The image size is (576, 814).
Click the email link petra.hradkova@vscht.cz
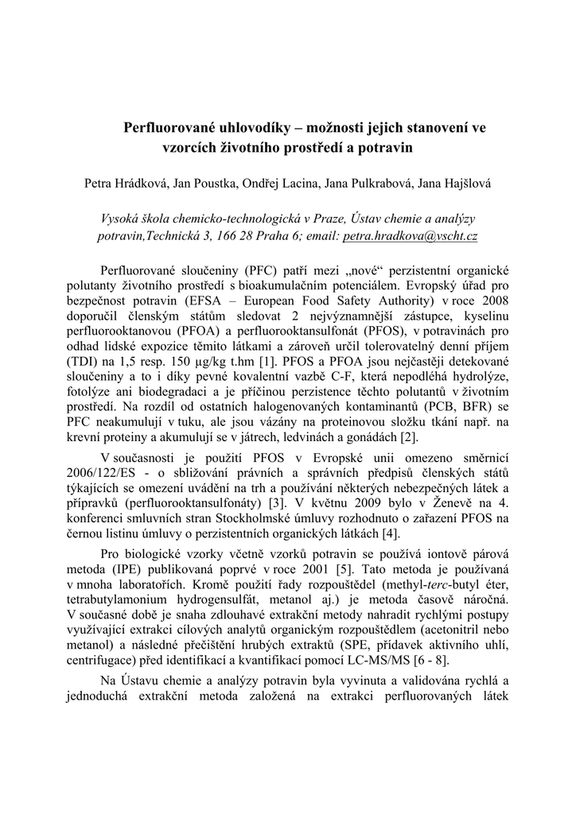(410, 237)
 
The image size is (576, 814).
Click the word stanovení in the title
(422, 127)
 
